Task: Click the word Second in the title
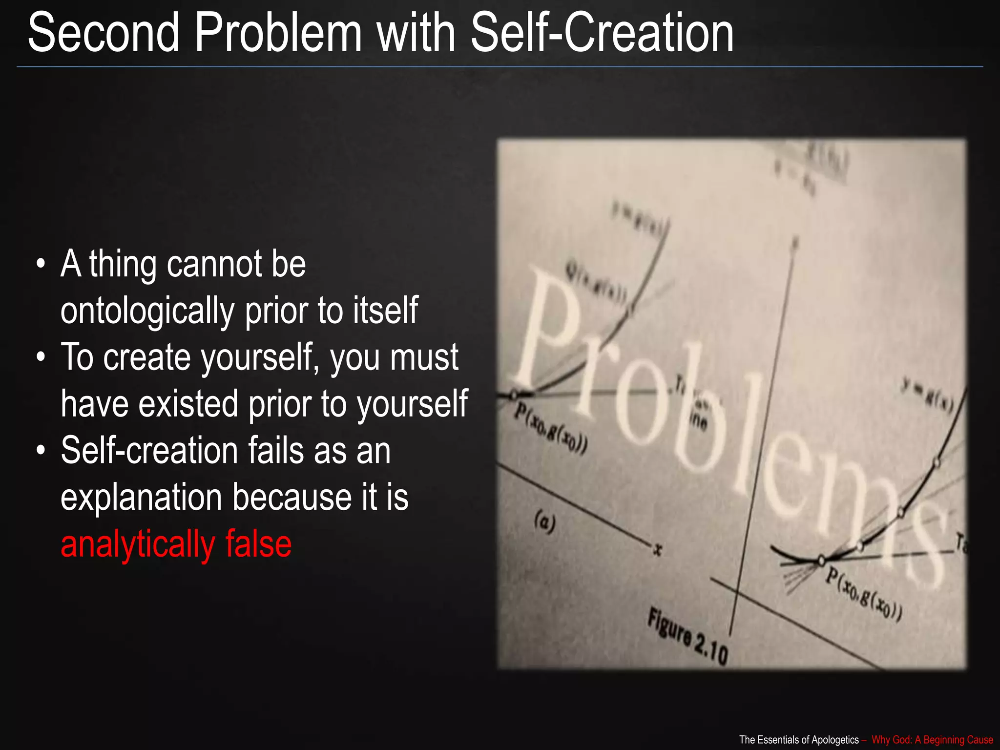[x=104, y=33]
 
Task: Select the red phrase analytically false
[x=176, y=544]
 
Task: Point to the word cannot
[x=214, y=264]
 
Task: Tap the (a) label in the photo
[x=545, y=522]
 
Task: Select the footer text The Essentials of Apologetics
[x=799, y=740]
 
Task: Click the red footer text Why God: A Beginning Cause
[x=932, y=740]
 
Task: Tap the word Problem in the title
[x=278, y=33]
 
